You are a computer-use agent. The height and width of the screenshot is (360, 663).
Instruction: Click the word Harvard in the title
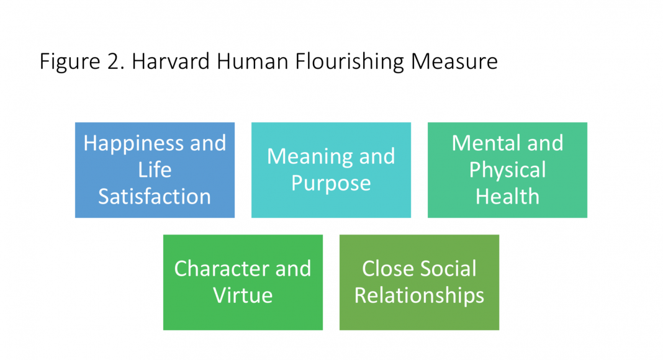(171, 61)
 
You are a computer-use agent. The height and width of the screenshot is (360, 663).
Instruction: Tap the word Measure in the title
(454, 61)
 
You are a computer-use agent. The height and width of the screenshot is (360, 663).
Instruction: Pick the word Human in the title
(253, 61)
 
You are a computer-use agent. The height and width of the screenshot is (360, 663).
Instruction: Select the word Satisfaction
(155, 197)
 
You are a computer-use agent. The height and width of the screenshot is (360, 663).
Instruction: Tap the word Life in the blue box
(155, 170)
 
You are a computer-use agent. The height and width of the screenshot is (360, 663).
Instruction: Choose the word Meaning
(310, 158)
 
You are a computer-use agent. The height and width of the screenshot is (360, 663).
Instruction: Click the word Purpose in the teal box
(331, 184)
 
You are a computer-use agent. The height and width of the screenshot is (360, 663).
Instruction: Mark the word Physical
(507, 171)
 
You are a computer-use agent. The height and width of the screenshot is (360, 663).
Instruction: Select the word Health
(507, 197)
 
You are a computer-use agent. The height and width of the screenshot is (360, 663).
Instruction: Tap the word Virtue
(243, 295)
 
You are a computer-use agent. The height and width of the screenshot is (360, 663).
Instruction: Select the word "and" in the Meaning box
(377, 157)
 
